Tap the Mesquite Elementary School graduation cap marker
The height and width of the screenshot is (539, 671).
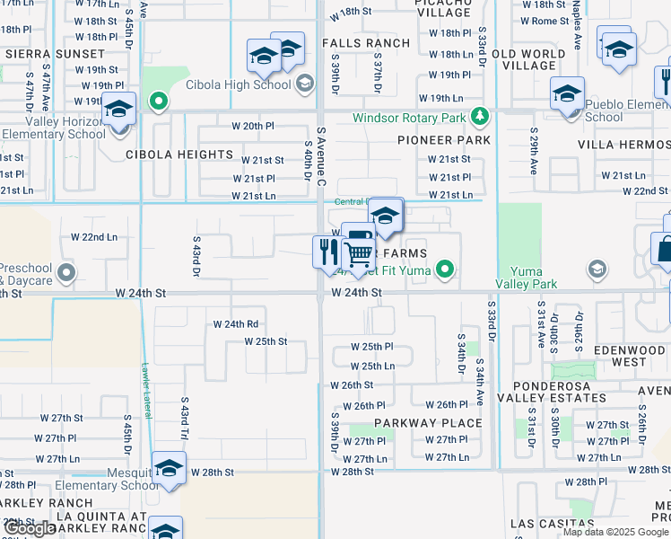coord(168,469)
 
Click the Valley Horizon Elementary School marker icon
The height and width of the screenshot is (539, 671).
coord(119,110)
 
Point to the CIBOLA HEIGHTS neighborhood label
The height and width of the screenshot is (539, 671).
coord(179,155)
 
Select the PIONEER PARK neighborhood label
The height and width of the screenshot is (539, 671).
coord(445,140)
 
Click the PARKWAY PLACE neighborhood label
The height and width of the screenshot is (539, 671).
coord(428,423)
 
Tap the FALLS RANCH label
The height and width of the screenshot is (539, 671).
coord(365,43)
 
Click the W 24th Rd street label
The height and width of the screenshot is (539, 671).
coord(236,324)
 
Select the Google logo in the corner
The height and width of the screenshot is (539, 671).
coord(30,528)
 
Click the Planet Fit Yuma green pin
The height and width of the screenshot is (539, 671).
coord(443,269)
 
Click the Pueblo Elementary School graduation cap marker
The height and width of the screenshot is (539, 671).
coord(568,93)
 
